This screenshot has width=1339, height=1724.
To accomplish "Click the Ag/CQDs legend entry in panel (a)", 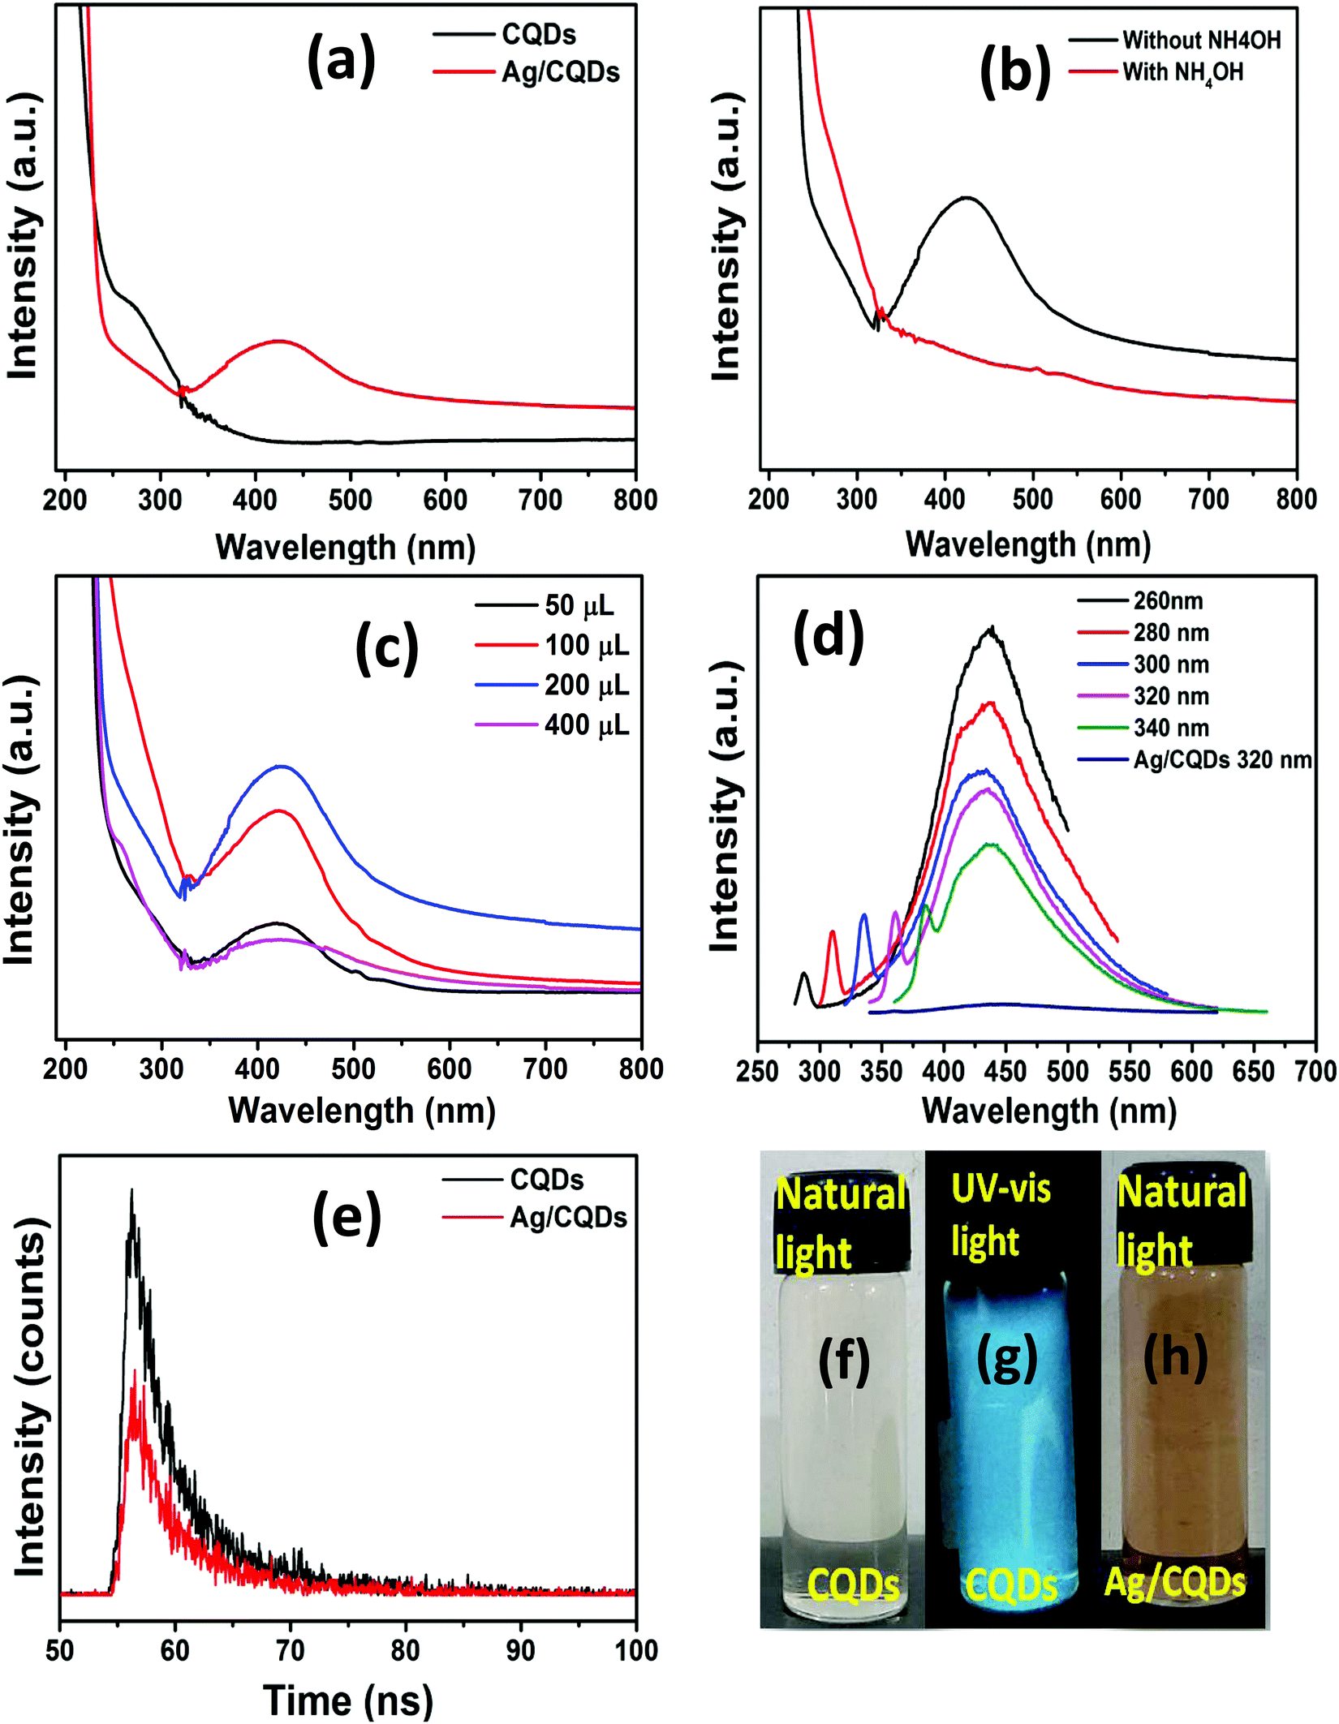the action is (527, 72).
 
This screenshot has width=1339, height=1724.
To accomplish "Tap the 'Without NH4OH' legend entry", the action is (1174, 39).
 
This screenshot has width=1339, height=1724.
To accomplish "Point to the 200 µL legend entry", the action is (552, 686).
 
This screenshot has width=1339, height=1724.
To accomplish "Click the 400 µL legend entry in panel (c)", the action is (552, 724).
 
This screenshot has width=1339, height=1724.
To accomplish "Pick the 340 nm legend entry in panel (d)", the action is (1143, 728).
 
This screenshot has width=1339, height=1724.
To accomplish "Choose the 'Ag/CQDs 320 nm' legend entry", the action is (1195, 760).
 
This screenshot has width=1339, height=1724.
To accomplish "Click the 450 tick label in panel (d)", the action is (1005, 1071).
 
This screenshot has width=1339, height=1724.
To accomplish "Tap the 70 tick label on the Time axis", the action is (290, 1650).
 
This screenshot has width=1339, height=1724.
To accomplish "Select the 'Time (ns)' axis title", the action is (348, 1700).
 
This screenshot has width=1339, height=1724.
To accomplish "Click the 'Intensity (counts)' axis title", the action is (30, 1397).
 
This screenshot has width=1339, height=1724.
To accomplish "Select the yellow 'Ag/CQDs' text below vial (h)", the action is (1174, 1583).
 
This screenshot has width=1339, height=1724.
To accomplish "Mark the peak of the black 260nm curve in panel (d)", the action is (991, 627).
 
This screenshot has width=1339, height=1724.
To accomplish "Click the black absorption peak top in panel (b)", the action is (966, 197).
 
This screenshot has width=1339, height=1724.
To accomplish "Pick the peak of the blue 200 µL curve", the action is (282, 766).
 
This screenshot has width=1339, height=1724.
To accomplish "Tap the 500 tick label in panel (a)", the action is (351, 500).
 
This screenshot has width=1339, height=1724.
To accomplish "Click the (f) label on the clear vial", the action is (844, 1362).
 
